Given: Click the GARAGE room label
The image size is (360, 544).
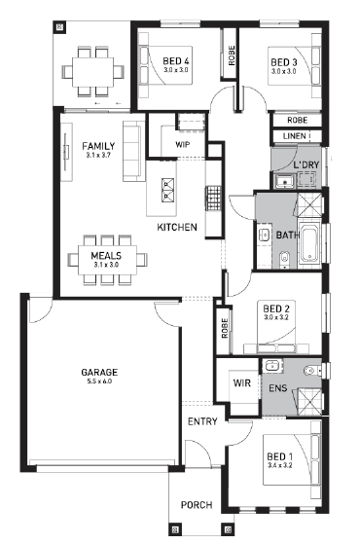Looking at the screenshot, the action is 99,373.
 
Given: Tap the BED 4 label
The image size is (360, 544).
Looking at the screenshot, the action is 176,61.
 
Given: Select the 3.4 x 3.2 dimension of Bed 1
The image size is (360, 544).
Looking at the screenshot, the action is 280,465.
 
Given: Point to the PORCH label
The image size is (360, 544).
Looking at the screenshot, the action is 197,505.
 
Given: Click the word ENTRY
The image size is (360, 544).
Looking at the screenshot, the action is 202,421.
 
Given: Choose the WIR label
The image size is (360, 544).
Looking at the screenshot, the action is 241,383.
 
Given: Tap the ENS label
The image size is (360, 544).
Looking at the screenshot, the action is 278,388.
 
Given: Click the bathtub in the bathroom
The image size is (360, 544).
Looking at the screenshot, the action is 309,243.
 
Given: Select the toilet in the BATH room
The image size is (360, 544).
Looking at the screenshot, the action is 284,259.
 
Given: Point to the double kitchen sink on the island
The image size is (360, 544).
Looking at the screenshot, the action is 167,190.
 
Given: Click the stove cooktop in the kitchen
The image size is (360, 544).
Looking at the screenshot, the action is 213,199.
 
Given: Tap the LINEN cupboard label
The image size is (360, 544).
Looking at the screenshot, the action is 295,136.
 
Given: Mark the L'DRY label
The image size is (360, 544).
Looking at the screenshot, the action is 306,165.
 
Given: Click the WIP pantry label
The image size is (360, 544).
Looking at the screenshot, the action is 183,144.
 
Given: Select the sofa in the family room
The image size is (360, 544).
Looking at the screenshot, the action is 133,151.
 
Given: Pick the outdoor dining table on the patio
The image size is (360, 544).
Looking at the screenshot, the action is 92,72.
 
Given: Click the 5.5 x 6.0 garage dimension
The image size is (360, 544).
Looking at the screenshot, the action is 99,381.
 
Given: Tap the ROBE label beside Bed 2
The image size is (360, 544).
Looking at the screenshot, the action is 225,328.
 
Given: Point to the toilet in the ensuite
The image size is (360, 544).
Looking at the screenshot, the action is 313,371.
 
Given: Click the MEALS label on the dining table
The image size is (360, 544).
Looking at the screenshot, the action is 106,256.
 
